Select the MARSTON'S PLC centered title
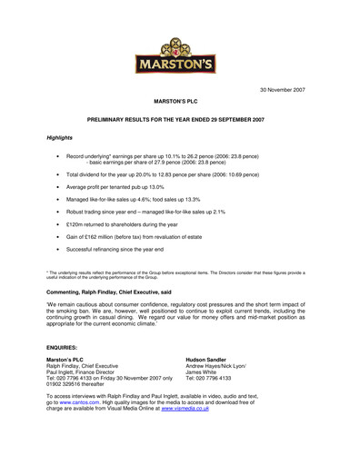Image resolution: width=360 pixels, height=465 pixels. tap(178, 107)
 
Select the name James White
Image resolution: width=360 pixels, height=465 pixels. tap(227, 376)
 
